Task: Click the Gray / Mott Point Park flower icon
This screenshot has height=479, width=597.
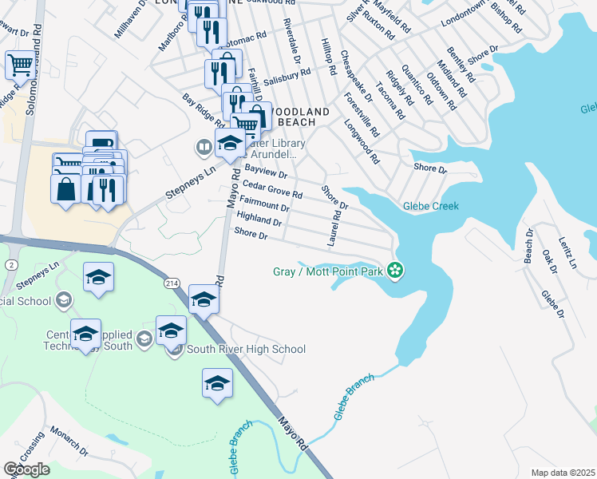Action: (395, 271)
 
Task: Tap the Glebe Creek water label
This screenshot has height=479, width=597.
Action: (430, 206)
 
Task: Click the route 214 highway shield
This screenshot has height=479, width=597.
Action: (173, 283)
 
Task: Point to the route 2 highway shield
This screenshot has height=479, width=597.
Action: (11, 264)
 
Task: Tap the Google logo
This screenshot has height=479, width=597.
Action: (26, 469)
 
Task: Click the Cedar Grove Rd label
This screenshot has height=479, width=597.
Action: (273, 188)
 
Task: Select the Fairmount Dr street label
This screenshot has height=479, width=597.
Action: (263, 206)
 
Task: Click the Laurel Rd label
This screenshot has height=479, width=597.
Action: (334, 228)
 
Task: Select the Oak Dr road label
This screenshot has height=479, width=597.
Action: (549, 260)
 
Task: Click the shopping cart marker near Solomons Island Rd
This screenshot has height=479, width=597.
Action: (20, 64)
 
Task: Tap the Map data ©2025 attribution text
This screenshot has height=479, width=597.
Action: (562, 473)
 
